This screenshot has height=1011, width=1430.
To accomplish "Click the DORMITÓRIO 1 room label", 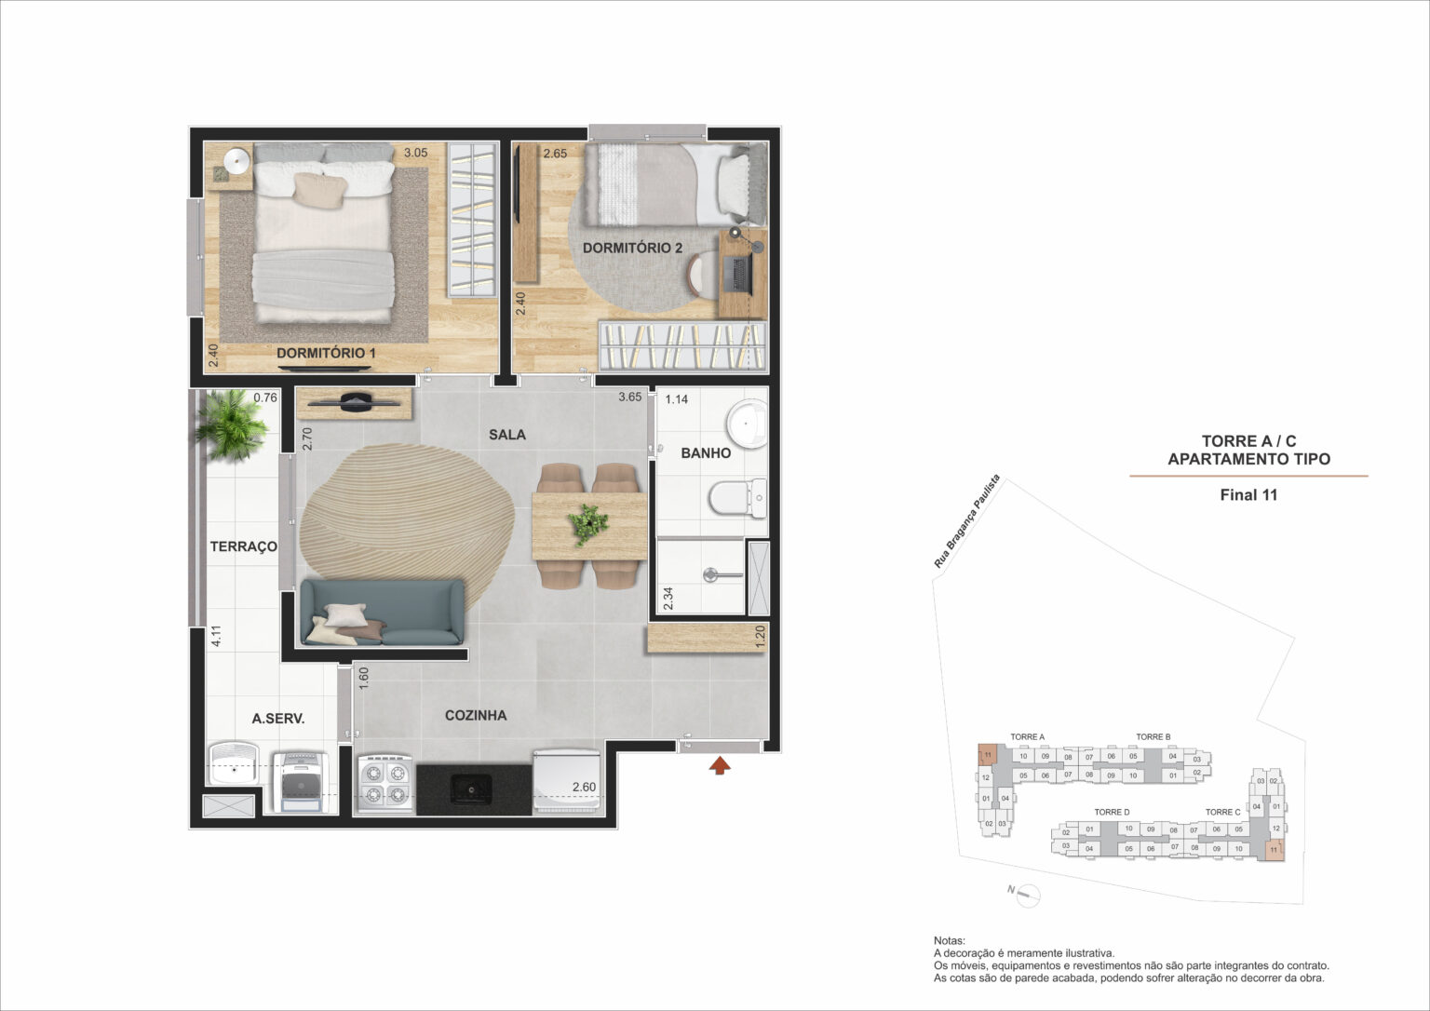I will (326, 354).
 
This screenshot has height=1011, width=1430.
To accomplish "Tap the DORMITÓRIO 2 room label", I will (632, 248).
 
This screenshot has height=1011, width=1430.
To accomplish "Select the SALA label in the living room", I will (506, 435).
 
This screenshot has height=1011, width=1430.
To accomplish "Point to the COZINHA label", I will (475, 715).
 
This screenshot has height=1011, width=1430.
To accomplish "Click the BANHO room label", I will (706, 453).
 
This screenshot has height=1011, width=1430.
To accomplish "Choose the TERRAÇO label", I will (243, 546).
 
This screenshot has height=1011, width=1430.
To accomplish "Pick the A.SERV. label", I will (278, 719).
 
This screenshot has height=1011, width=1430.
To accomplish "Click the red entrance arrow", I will (720, 765).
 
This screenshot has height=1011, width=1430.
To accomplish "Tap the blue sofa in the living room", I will (382, 612).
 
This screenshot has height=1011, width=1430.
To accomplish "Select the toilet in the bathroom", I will (736, 498).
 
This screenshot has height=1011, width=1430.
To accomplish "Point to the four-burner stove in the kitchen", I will (384, 783).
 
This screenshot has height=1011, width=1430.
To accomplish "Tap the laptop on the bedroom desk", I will (741, 273).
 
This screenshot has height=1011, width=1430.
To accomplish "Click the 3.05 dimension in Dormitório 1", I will (415, 153).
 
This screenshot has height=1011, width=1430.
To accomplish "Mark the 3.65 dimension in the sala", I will (630, 398).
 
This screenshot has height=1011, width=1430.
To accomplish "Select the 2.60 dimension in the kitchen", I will (584, 787).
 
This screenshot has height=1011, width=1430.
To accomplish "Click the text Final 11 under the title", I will (1248, 495).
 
